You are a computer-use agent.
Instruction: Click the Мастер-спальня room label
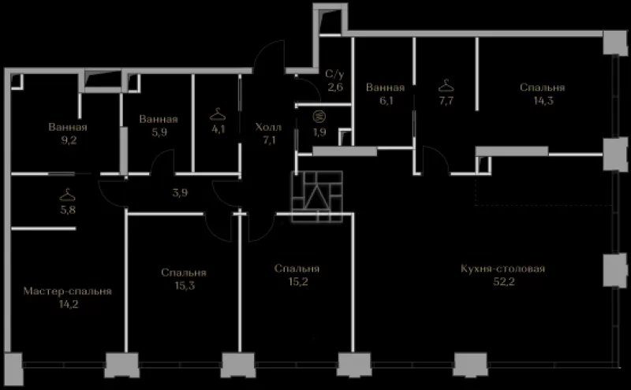coord(67,291)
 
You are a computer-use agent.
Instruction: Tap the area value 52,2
coord(503,281)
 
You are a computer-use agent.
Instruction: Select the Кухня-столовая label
coord(502,268)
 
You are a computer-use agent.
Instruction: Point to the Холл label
coord(268,127)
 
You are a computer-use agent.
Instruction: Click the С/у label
coord(334,73)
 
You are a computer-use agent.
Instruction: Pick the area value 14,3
coord(543,101)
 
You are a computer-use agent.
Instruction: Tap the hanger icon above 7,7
coord(446,86)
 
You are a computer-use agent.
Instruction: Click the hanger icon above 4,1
coord(218,114)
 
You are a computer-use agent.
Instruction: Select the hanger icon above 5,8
coord(67,195)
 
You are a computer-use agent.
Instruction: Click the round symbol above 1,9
coord(319,117)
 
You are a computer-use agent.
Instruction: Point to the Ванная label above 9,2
coord(68,127)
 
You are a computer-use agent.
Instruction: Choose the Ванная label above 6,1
coord(385,87)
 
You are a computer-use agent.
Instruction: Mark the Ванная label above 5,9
coord(159,119)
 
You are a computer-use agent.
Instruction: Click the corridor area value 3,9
coord(180,192)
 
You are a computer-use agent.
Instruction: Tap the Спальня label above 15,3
coord(184,272)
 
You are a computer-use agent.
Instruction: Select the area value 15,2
coord(298,281)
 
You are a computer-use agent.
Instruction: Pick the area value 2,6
coord(334,87)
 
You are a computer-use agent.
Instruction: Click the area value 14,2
coord(69,304)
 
